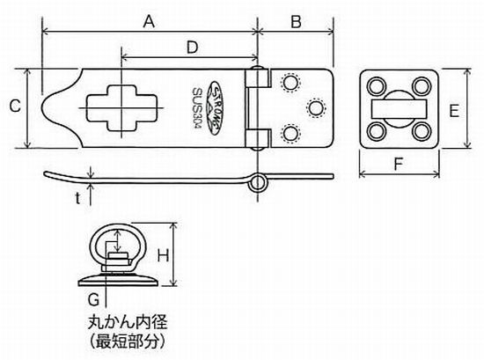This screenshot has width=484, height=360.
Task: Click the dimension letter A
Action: coord(149,22)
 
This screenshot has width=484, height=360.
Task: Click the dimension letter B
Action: coord(296,22)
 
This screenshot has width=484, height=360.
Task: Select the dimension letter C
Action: coord(15,106)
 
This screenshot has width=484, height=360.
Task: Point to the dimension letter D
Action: coord(192,48)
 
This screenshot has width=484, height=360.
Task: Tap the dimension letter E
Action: coord(454,111)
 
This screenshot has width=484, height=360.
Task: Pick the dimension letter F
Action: coord(399,164)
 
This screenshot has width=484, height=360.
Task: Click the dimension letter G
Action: coord(93,299)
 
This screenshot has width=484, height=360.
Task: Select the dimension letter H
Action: coord(164,255)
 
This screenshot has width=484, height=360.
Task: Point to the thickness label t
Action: coord(77,198)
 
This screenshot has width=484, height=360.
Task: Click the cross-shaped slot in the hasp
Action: coord(121,107)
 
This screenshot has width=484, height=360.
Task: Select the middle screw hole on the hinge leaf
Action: coord(316,108)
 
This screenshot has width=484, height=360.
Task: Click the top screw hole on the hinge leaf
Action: coord(290,82)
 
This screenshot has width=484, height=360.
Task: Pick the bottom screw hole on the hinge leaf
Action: coord(290,134)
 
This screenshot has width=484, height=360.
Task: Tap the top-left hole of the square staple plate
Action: coord(377,86)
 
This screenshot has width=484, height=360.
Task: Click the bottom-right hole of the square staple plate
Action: coord(422,131)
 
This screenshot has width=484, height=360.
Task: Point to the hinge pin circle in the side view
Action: coord(258,182)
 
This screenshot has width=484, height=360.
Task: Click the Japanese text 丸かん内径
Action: coord(128,322)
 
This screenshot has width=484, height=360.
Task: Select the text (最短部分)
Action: coord(128,342)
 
